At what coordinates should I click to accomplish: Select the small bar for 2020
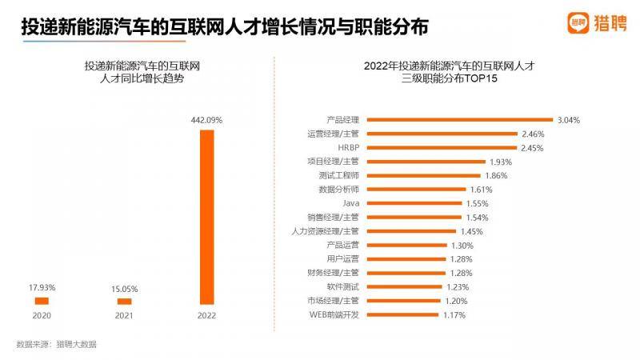click(42, 301)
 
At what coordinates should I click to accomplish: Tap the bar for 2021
click(124, 301)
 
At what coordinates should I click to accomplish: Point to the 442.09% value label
click(206, 119)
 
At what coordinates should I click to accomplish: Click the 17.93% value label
click(42, 287)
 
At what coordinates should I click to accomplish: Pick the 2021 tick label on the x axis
click(124, 316)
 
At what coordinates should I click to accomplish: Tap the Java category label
click(351, 203)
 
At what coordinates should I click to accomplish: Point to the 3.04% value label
click(568, 120)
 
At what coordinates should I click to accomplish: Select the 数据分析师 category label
click(339, 190)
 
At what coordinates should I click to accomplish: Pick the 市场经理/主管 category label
click(333, 301)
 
